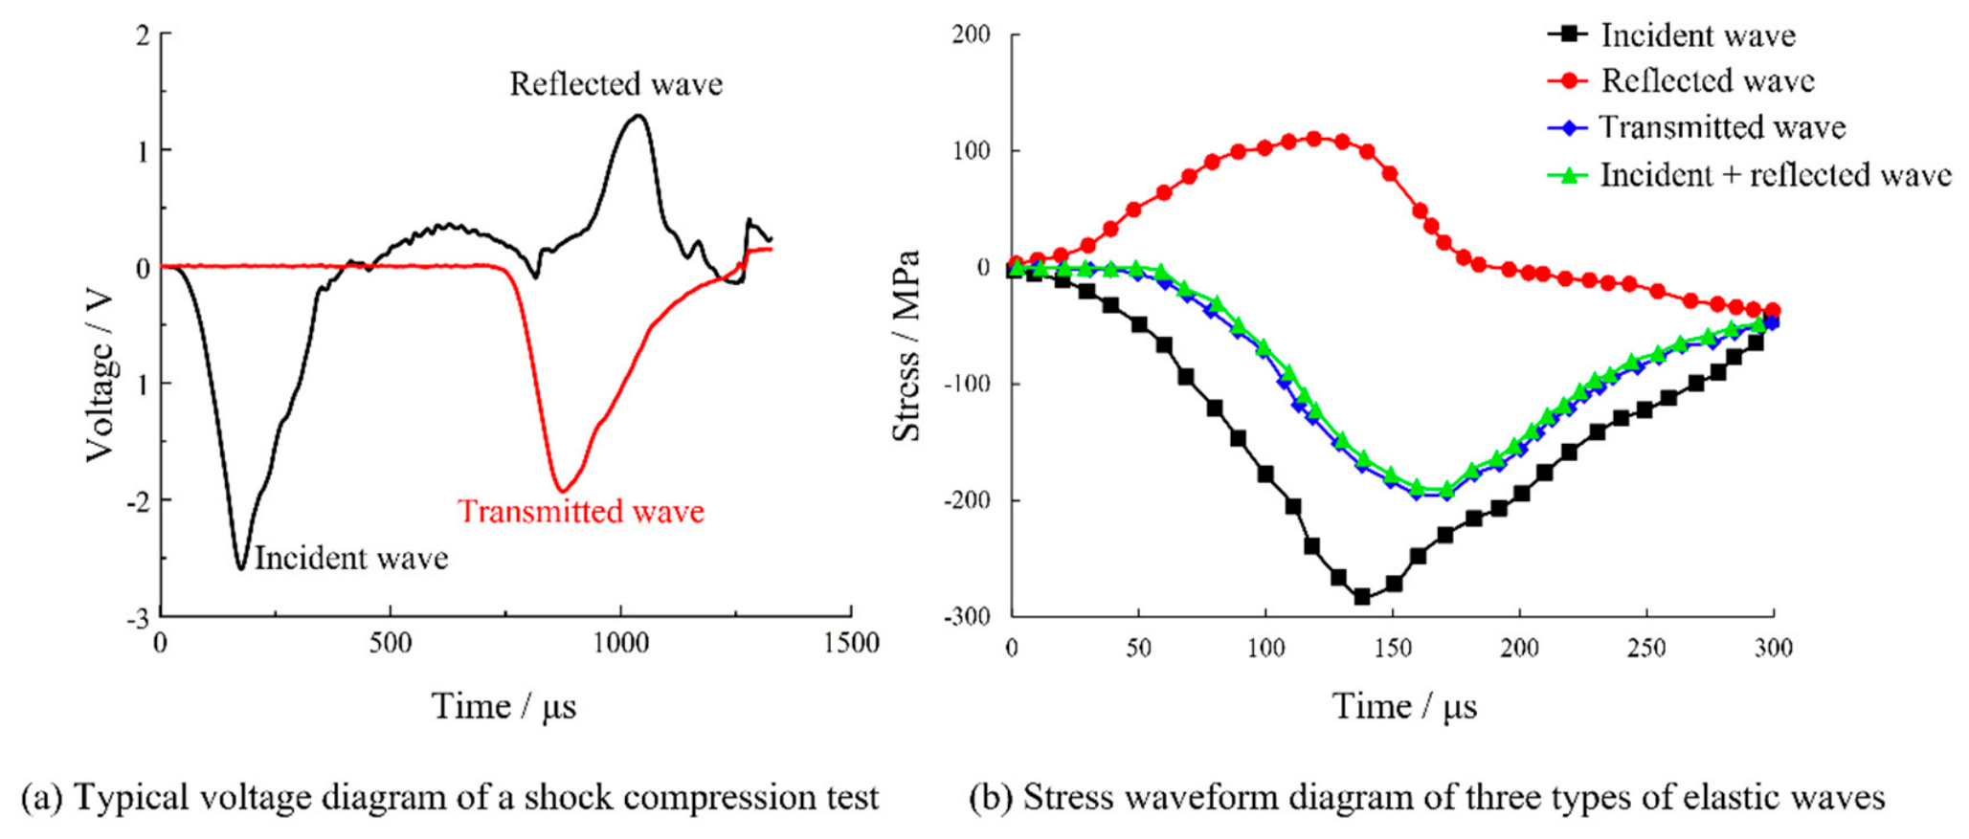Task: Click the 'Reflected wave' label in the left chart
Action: click(x=615, y=84)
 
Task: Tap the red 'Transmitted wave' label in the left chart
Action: click(x=581, y=511)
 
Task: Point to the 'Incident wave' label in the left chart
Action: click(x=351, y=558)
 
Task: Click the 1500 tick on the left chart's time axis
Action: click(x=851, y=642)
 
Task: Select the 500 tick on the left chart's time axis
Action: click(x=391, y=642)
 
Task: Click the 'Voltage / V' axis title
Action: click(x=100, y=377)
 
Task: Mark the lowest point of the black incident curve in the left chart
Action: click(x=241, y=569)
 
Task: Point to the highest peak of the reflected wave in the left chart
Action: click(x=638, y=116)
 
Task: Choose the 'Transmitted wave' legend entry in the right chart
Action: click(x=1696, y=127)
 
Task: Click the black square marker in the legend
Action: click(x=1568, y=35)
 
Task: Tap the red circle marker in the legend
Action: click(x=1568, y=81)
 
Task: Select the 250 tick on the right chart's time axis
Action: click(x=1646, y=648)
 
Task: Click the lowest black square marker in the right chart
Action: click(x=1362, y=597)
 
